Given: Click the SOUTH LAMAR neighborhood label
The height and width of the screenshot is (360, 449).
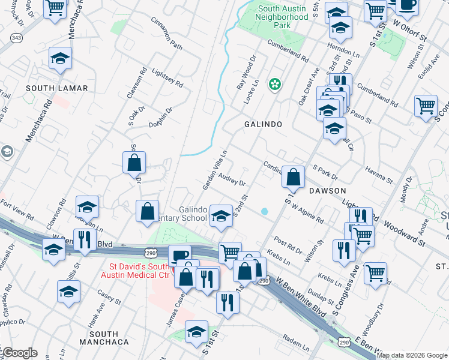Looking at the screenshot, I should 57,88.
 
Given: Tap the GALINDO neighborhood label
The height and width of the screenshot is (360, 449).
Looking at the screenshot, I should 263,124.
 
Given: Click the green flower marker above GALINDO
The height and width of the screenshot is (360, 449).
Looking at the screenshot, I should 275,85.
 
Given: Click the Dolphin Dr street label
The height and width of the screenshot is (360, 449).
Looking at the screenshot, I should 161,118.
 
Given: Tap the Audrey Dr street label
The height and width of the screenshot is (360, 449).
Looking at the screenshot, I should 233,179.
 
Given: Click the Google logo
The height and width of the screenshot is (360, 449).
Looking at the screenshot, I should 19,353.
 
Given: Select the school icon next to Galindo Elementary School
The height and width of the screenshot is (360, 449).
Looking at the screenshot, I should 221,216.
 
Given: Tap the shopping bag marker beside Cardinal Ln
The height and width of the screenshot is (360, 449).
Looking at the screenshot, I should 293,178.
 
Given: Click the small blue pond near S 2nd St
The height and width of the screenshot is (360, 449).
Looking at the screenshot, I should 265,211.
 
